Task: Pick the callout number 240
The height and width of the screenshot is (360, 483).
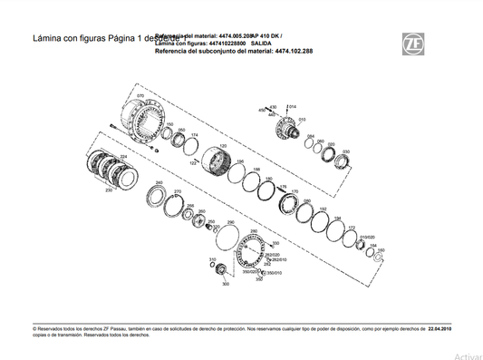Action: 159,183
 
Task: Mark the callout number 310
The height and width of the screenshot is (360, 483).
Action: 211,259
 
